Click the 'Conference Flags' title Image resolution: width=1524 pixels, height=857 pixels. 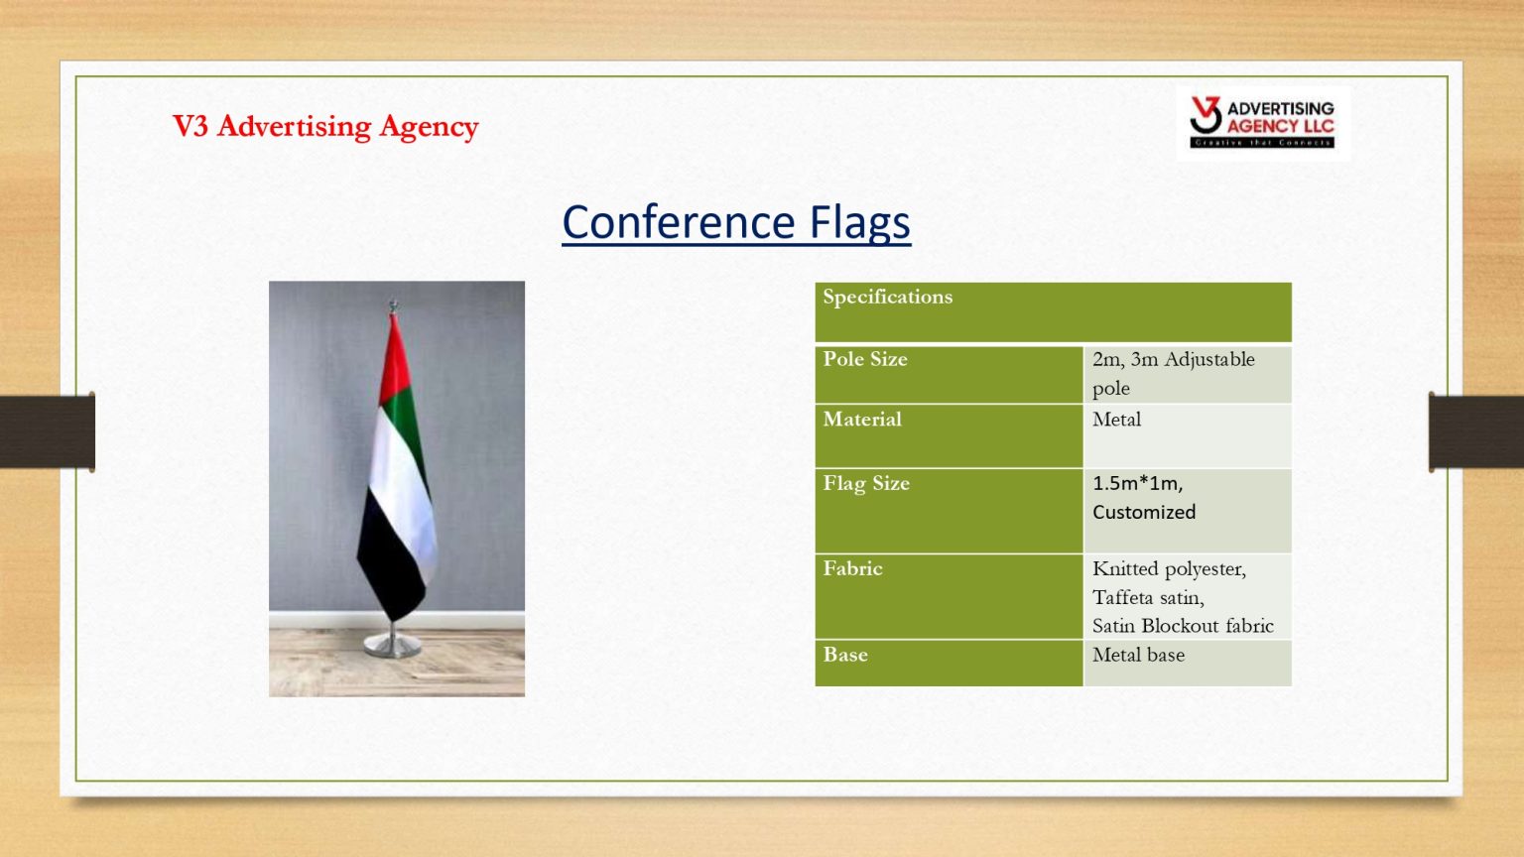click(x=736, y=223)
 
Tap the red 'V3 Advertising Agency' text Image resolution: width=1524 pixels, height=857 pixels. click(x=325, y=127)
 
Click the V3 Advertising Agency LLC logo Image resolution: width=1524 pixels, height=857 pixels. click(x=1263, y=122)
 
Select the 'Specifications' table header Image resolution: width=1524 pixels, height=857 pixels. click(x=887, y=298)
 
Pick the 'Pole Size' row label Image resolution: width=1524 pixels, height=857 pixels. click(x=865, y=359)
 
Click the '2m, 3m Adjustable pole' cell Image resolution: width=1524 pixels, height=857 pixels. click(x=1174, y=373)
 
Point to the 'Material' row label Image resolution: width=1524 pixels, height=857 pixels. click(x=862, y=419)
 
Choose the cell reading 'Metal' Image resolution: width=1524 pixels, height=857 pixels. click(x=1116, y=419)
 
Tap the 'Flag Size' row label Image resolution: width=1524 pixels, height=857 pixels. click(x=866, y=484)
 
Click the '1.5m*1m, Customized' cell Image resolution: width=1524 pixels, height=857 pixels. click(x=1144, y=497)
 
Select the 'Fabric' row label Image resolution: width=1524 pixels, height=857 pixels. click(x=852, y=568)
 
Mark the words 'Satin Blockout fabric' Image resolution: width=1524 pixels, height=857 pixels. click(x=1183, y=626)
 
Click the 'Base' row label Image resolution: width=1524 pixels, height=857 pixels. click(x=845, y=655)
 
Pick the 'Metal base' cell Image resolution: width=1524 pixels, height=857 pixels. click(x=1138, y=655)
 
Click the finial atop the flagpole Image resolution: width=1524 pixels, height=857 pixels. click(x=393, y=306)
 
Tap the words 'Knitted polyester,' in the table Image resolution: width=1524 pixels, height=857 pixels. click(x=1169, y=569)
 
